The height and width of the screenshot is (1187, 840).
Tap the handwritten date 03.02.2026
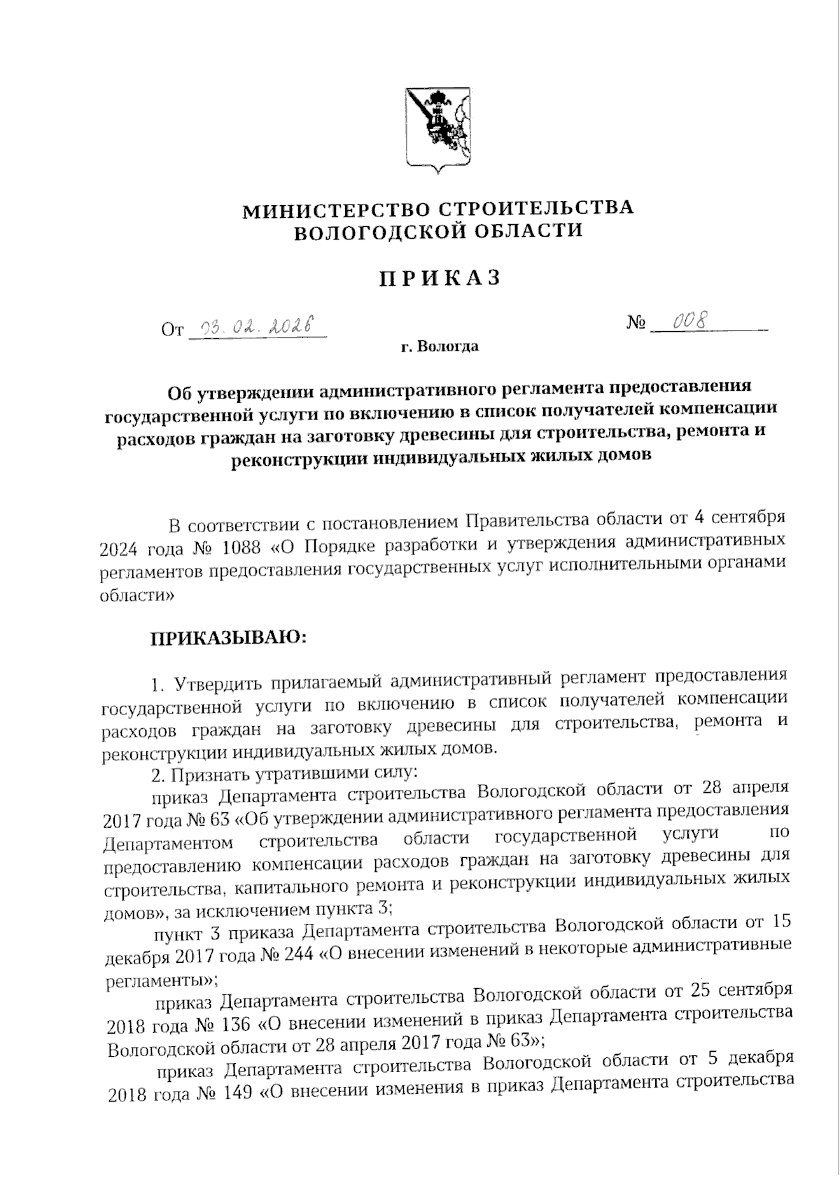click(257, 326)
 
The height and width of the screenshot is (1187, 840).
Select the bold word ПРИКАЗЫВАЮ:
click(228, 638)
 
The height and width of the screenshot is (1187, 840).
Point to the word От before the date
click(171, 329)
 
